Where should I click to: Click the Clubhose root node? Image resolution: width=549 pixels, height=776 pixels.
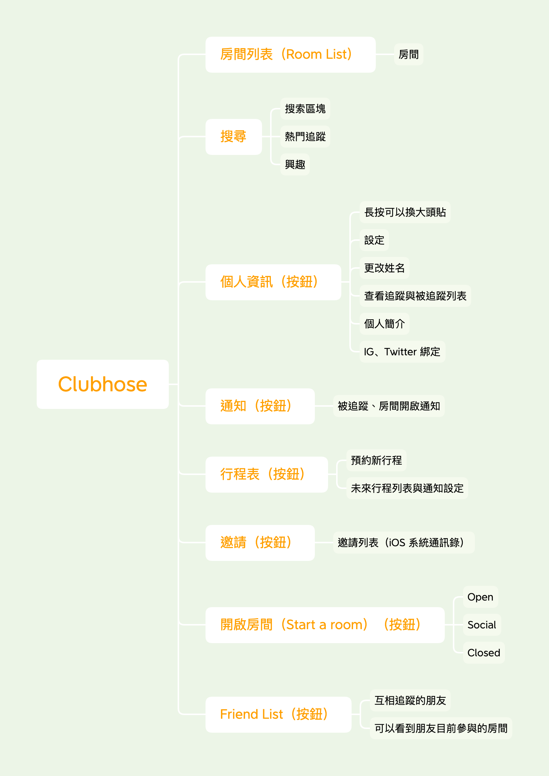click(103, 384)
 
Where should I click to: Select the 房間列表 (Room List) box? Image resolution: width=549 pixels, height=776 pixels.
click(290, 54)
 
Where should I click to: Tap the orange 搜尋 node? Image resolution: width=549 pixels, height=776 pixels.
click(233, 137)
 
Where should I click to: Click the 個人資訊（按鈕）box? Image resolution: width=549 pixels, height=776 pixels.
click(273, 282)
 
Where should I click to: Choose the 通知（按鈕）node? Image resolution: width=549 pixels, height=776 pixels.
click(260, 406)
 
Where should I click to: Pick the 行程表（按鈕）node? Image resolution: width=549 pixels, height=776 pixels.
click(266, 474)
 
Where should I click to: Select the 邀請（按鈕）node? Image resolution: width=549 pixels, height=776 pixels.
click(260, 543)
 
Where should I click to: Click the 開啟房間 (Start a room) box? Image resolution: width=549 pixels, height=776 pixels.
click(325, 625)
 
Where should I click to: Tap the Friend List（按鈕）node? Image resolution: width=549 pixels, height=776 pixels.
click(278, 714)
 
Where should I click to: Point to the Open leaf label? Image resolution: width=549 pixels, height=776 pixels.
click(480, 597)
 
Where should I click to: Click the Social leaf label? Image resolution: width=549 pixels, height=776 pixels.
click(482, 625)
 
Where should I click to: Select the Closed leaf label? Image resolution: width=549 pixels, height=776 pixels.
click(484, 653)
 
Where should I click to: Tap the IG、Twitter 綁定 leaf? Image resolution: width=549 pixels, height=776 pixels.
click(402, 352)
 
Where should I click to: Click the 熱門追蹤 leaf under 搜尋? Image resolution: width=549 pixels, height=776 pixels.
click(305, 137)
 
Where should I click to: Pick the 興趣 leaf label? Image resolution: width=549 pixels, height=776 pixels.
click(295, 164)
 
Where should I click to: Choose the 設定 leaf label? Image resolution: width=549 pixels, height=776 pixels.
click(374, 240)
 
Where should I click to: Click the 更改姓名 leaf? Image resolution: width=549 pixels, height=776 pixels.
click(384, 268)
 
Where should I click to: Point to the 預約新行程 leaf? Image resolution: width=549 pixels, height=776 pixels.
click(376, 460)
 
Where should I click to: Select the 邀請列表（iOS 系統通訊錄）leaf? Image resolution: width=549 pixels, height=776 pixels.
click(404, 543)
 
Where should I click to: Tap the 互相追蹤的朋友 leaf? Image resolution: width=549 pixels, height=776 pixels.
click(410, 700)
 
